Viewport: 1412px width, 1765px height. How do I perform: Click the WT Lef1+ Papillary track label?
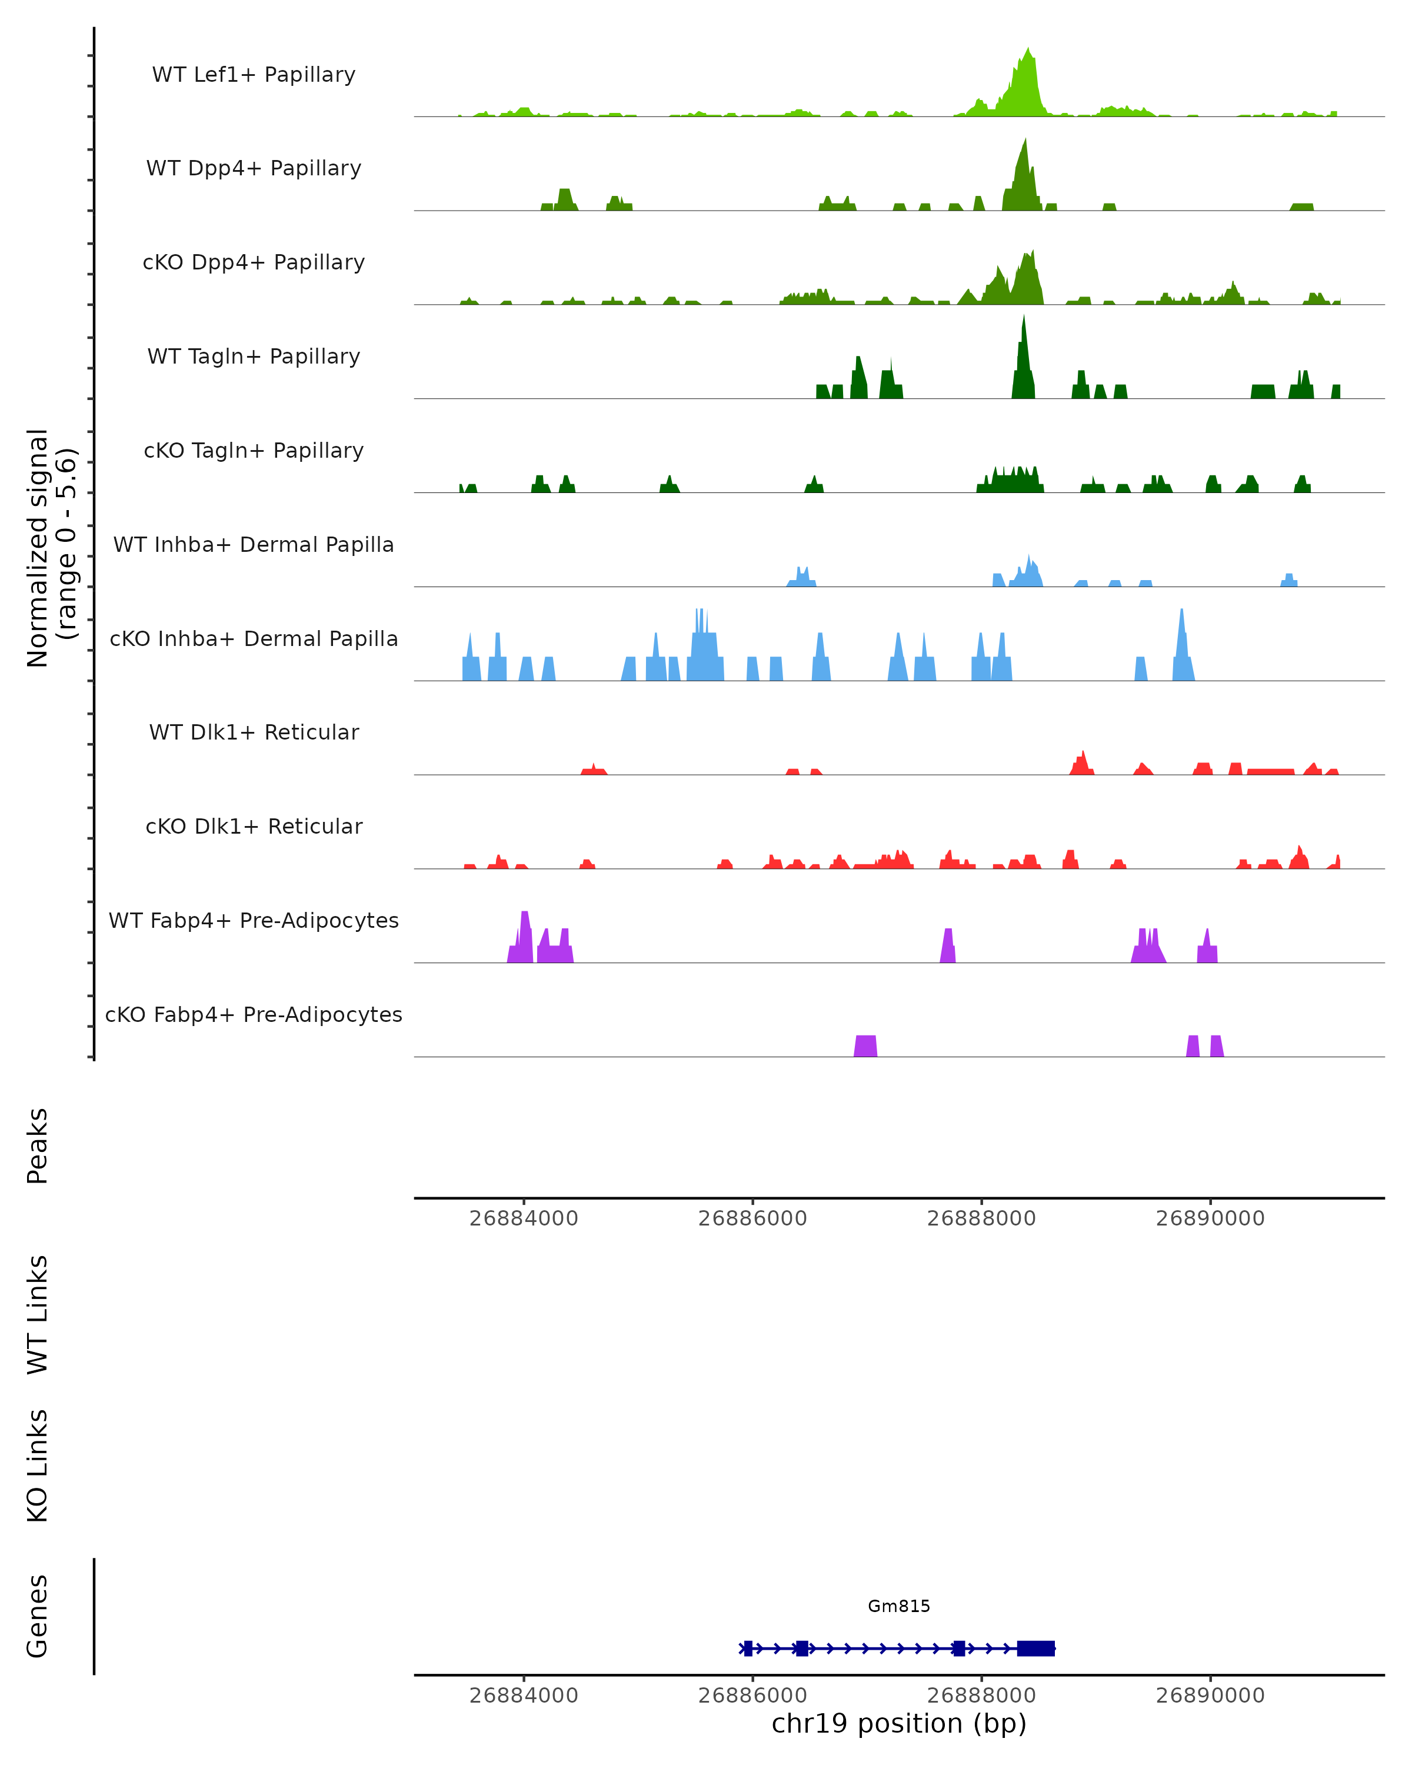[254, 75]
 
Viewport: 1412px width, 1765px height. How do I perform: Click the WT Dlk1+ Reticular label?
[254, 732]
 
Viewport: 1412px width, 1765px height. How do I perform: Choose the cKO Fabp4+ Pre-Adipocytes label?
[254, 1014]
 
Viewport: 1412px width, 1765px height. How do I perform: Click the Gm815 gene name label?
[899, 1606]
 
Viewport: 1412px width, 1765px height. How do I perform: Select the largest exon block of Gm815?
[1035, 1649]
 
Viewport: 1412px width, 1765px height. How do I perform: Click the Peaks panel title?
[38, 1146]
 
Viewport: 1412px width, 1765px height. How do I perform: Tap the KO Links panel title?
[38, 1466]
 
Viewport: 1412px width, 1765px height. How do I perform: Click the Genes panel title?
[38, 1617]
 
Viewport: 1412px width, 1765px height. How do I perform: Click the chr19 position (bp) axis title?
[899, 1724]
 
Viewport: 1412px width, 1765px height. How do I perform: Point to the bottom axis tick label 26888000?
[981, 1696]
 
